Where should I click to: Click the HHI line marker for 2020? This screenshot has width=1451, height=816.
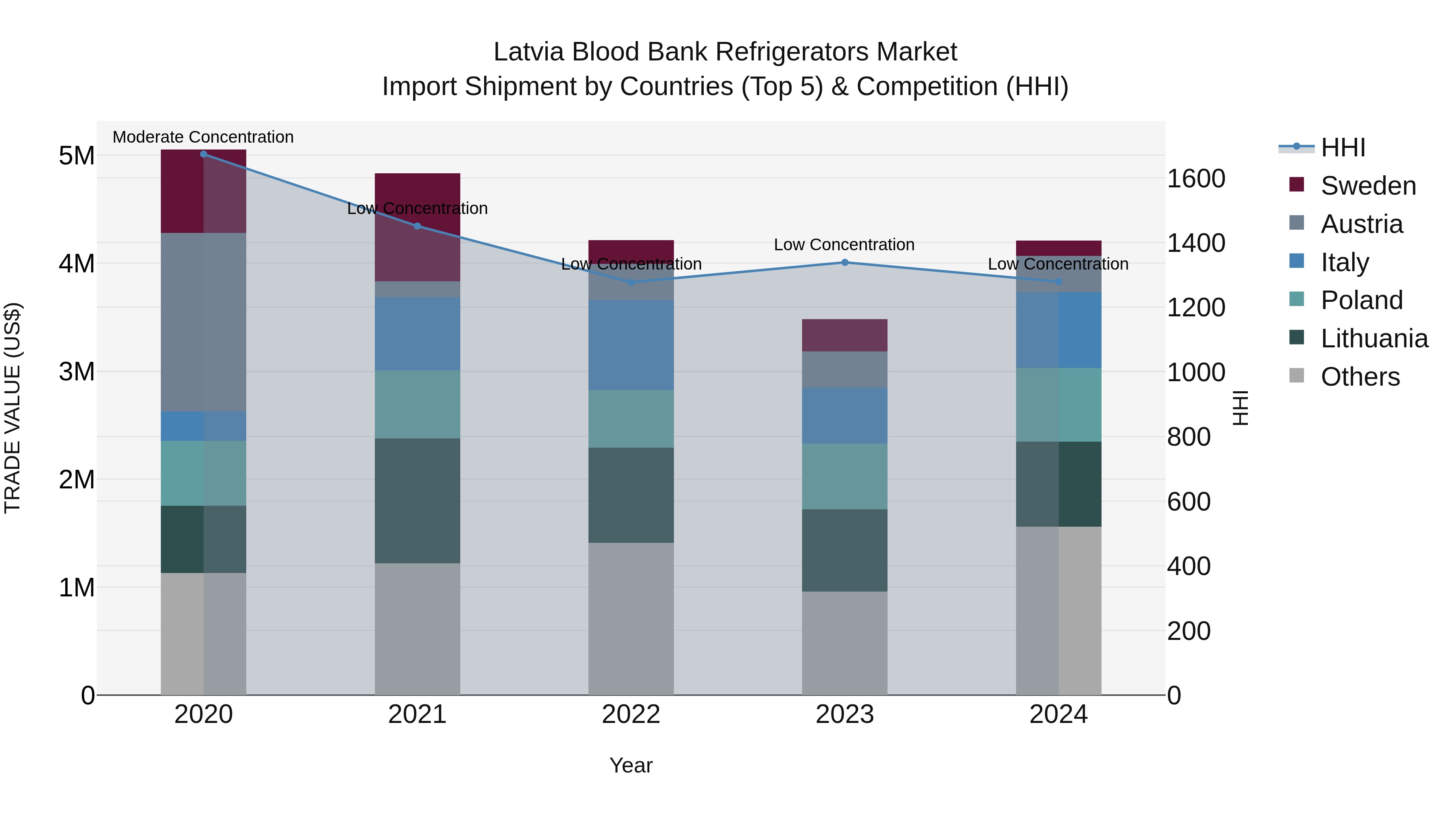click(204, 154)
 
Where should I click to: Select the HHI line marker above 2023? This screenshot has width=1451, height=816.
click(844, 262)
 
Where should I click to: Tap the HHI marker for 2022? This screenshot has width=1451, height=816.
click(631, 282)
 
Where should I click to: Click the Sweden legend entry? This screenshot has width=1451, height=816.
click(1368, 186)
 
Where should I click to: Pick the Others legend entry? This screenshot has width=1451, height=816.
click(1360, 377)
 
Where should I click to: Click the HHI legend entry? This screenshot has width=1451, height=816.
click(1342, 147)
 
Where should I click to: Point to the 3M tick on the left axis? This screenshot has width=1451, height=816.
click(77, 372)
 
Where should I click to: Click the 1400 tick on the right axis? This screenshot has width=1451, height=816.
click(1196, 243)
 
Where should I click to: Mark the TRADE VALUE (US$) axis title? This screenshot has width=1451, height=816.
click(12, 408)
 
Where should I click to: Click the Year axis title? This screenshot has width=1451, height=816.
click(631, 765)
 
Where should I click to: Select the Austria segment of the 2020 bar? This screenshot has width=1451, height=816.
click(204, 322)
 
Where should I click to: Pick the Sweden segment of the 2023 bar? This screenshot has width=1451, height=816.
click(844, 335)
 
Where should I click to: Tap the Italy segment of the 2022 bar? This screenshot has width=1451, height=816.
click(631, 345)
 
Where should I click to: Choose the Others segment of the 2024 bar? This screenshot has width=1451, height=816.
click(1058, 610)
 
